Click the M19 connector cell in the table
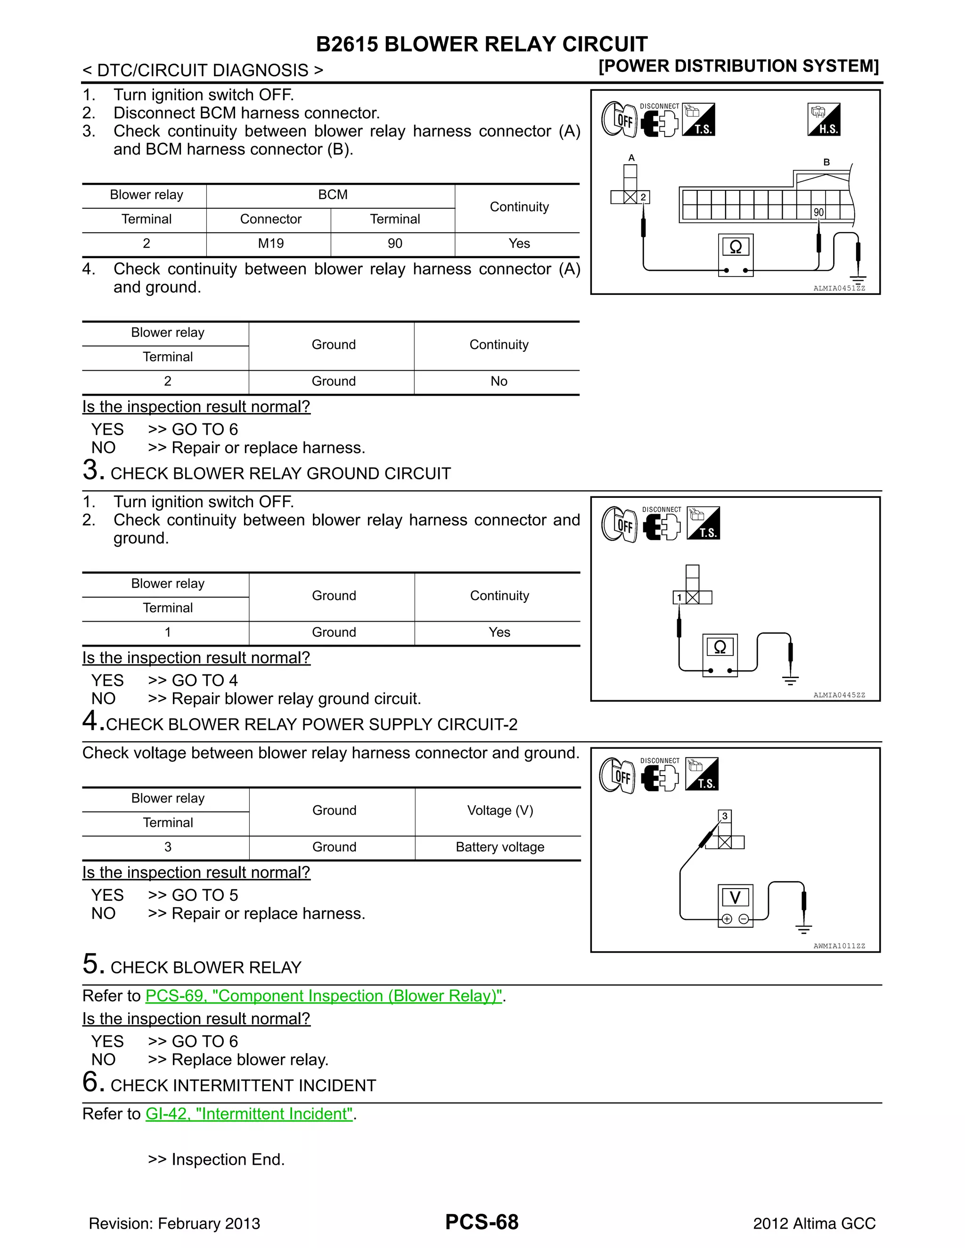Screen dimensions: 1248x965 (270, 243)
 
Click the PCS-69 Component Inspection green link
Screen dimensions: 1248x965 (324, 996)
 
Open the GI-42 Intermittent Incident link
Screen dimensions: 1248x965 (250, 1114)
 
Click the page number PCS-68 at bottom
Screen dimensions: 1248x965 (482, 1222)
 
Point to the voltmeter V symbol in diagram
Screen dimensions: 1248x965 (735, 898)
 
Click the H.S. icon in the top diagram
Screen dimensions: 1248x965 (824, 120)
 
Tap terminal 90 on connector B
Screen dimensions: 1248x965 (818, 212)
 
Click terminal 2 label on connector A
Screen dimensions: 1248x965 (643, 197)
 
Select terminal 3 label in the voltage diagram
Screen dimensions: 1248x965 (725, 816)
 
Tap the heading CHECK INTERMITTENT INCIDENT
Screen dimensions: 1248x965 (243, 1086)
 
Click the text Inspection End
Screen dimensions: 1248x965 (228, 1159)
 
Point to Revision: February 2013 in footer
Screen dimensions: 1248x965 (174, 1224)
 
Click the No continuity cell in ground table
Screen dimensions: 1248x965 (499, 381)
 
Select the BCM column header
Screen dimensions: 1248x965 (333, 195)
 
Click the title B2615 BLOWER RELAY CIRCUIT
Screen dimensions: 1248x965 (482, 44)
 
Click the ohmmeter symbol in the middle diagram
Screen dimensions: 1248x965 (720, 647)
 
